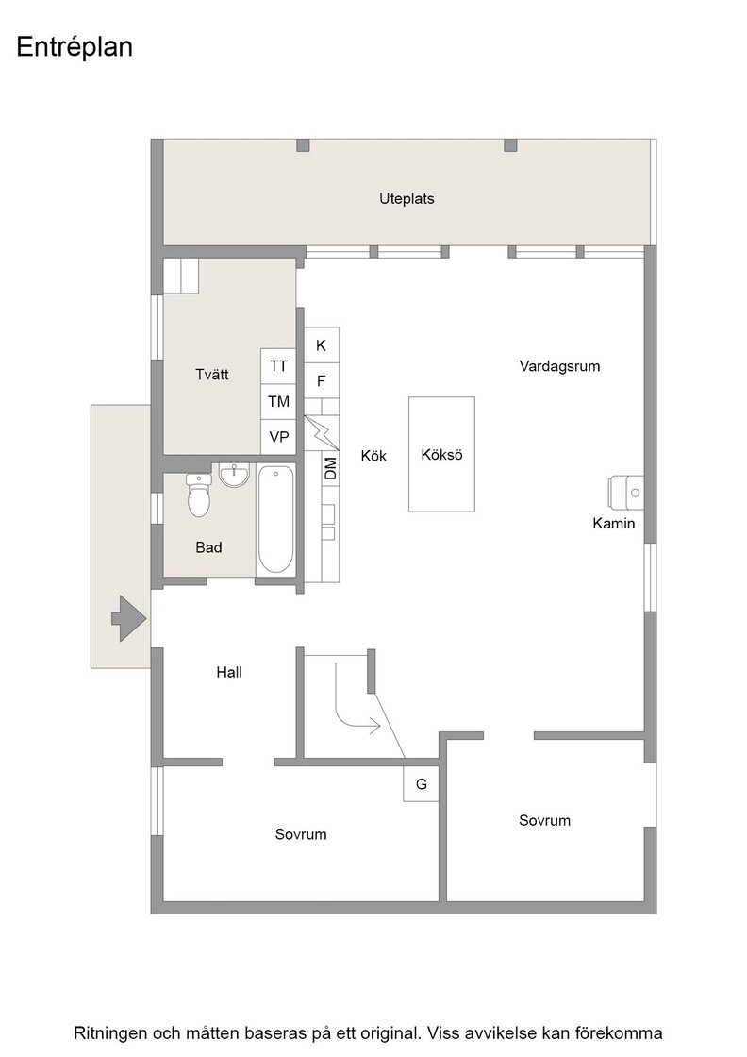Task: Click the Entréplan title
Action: tap(75, 47)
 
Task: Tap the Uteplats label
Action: tap(407, 199)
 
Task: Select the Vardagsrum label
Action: tap(559, 366)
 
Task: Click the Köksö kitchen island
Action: tap(441, 454)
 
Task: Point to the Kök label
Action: tap(373, 456)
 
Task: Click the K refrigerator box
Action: tap(322, 345)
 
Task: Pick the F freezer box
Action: tap(322, 380)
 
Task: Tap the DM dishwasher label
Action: tap(330, 468)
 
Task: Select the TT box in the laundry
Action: tap(278, 366)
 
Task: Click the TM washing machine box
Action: tap(278, 402)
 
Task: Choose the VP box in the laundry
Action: tap(278, 437)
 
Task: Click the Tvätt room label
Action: tap(212, 375)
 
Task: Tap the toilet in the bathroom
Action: tap(199, 495)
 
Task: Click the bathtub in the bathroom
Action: tap(275, 519)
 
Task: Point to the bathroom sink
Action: tap(235, 475)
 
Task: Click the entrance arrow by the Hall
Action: tap(128, 618)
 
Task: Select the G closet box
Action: tap(421, 784)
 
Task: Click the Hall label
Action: tap(229, 672)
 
